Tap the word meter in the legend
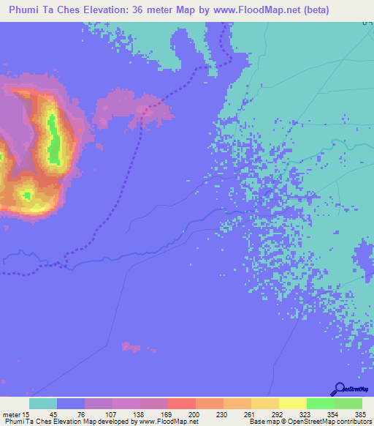coord(11,414)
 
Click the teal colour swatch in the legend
coord(43,403)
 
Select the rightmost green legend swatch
coord(348,403)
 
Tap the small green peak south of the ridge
coord(28,195)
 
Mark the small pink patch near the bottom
coord(131,346)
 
